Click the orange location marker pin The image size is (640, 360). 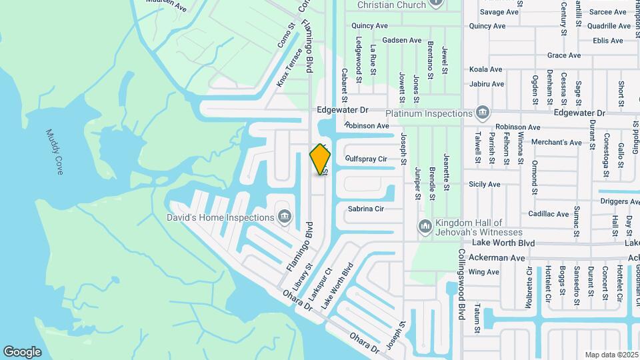tap(321, 159)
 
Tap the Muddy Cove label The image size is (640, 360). tap(54, 152)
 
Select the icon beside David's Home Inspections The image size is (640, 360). tap(285, 217)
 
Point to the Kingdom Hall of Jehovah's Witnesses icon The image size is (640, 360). tap(425, 227)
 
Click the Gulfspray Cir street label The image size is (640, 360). tap(367, 159)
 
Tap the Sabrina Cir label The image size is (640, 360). tap(366, 209)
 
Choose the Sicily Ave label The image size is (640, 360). tap(485, 184)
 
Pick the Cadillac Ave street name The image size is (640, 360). tap(548, 214)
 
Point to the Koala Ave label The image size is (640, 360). tap(485, 69)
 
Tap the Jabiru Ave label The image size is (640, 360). tap(487, 84)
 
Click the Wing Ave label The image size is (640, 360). tap(484, 272)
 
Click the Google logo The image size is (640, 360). tap(23, 351)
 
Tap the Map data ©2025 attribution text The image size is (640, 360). tap(611, 355)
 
